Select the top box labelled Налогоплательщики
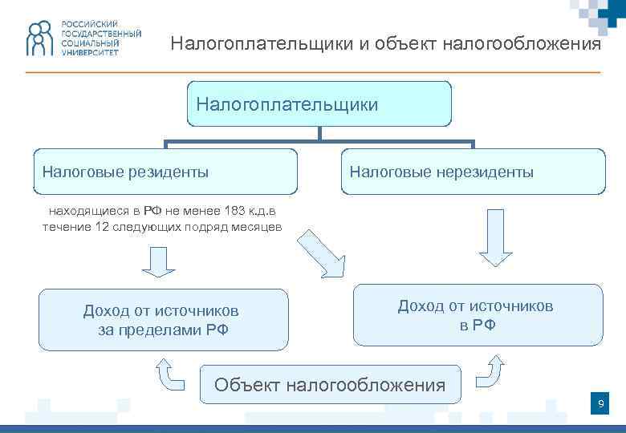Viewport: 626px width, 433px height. tap(319, 103)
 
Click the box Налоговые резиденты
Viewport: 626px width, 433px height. tap(165, 172)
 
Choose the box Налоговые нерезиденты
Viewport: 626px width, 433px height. tap(473, 172)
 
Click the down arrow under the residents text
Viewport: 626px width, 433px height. tap(158, 261)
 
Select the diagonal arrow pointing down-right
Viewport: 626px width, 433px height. tap(320, 251)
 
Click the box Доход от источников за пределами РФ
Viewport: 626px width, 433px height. tap(163, 320)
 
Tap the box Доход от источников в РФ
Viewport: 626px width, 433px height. tap(478, 315)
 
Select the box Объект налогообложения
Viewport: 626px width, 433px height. tap(330, 385)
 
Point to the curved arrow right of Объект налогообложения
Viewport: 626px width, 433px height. tap(489, 370)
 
